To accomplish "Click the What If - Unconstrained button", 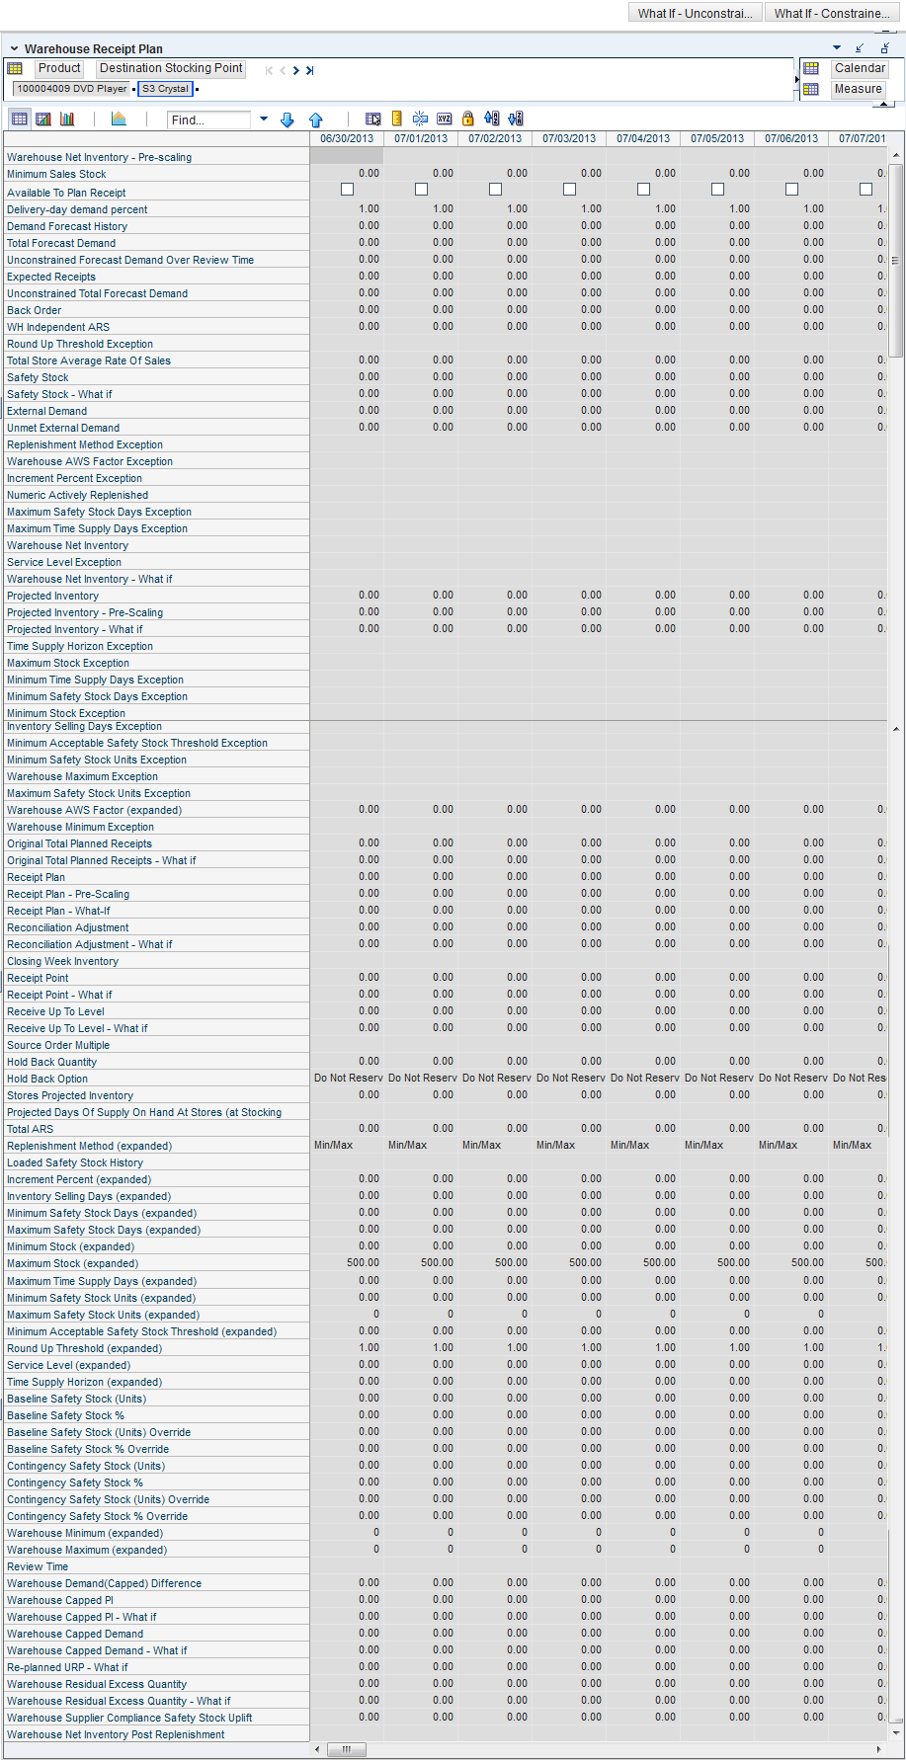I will [696, 13].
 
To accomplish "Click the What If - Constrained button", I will [832, 13].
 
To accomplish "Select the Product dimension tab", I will [59, 68].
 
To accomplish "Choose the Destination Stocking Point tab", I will [171, 68].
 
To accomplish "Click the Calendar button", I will [859, 68].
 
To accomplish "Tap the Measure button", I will [858, 89].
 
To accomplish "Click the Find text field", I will [209, 120].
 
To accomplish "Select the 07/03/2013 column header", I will [569, 138].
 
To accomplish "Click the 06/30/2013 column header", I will [347, 138].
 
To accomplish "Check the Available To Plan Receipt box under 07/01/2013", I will [421, 189].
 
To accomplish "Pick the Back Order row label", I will [35, 310].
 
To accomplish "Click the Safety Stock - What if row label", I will [59, 394].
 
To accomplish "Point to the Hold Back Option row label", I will [47, 1079].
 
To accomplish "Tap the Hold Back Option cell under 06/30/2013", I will [348, 1078].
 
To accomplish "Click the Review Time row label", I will [38, 1566].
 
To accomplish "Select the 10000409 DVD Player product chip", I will [71, 89].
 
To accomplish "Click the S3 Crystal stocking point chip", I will [165, 89].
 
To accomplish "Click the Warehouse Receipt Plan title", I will [94, 48].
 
